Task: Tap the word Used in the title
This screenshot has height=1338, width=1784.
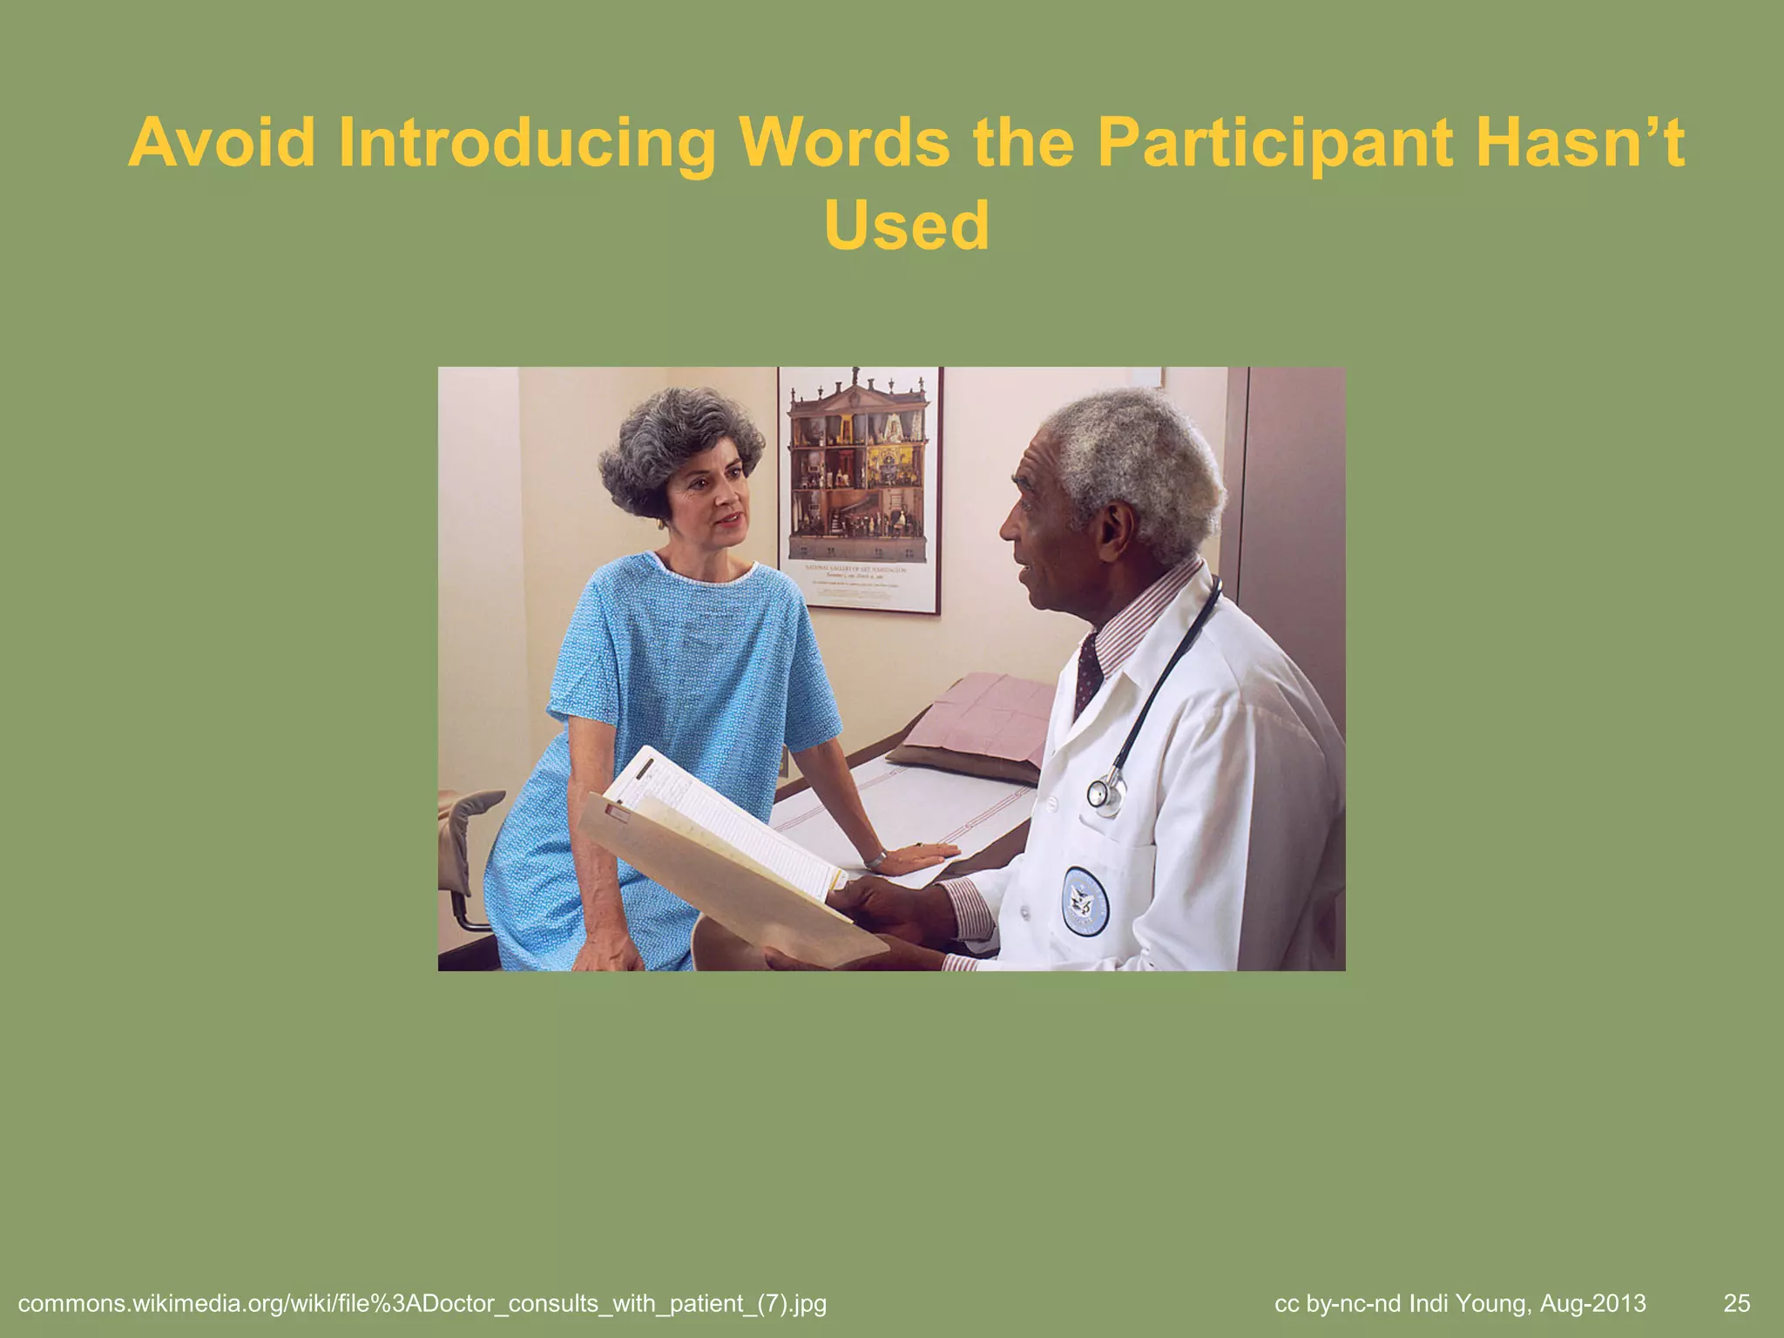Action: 906,226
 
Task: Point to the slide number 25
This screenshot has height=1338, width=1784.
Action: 1736,1303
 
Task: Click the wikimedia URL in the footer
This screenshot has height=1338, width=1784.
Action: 422,1304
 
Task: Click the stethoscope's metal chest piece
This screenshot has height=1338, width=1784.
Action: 1105,794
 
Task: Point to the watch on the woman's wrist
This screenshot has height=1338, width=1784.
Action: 875,860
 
